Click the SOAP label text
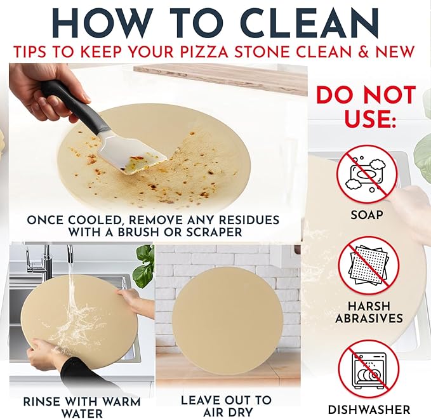[x=366, y=215]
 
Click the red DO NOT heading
[x=366, y=95]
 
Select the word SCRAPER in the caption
[x=209, y=232]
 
